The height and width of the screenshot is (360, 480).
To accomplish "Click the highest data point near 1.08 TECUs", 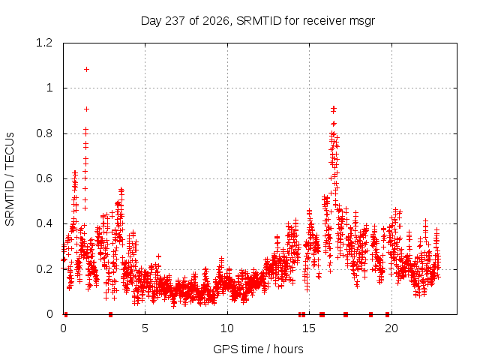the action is coord(87,70).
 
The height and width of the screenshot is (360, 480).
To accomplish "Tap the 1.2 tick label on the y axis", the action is coord(44,43).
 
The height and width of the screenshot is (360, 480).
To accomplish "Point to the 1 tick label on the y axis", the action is coord(49,88).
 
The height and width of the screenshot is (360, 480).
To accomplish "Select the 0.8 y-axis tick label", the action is coord(44,133).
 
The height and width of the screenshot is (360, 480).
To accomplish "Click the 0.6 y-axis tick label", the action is coord(44,178).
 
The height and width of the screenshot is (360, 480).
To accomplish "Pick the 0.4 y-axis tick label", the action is coord(44,223).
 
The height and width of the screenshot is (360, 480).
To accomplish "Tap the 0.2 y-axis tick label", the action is coord(44,269).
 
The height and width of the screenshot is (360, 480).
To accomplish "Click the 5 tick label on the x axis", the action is coord(145,328).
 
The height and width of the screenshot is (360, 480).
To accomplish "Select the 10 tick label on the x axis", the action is coord(227,328).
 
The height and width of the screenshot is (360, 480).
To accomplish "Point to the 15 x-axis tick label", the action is coord(309,328).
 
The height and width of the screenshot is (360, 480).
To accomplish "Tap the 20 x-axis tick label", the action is coord(391,328).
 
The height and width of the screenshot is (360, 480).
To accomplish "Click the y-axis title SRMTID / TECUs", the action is coord(10,179).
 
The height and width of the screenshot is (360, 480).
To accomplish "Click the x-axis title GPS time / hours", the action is coord(258,349).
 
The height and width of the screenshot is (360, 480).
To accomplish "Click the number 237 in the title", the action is coord(175,21).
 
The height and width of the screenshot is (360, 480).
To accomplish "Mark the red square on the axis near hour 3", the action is coord(110,314).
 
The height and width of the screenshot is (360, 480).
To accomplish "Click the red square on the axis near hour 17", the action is coord(346,314).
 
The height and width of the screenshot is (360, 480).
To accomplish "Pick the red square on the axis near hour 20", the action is coord(387,314).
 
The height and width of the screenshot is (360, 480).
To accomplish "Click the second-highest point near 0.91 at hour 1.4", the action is coord(87,109).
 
